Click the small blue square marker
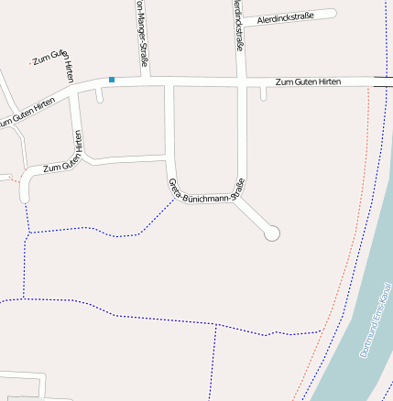112,80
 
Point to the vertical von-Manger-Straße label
142,35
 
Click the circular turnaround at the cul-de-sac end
271,234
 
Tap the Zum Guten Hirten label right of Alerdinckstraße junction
308,82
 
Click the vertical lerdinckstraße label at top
238,27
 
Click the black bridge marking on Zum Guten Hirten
383,82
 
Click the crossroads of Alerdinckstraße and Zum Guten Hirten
240,82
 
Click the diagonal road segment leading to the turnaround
254,216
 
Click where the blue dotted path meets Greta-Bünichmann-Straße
173,200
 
